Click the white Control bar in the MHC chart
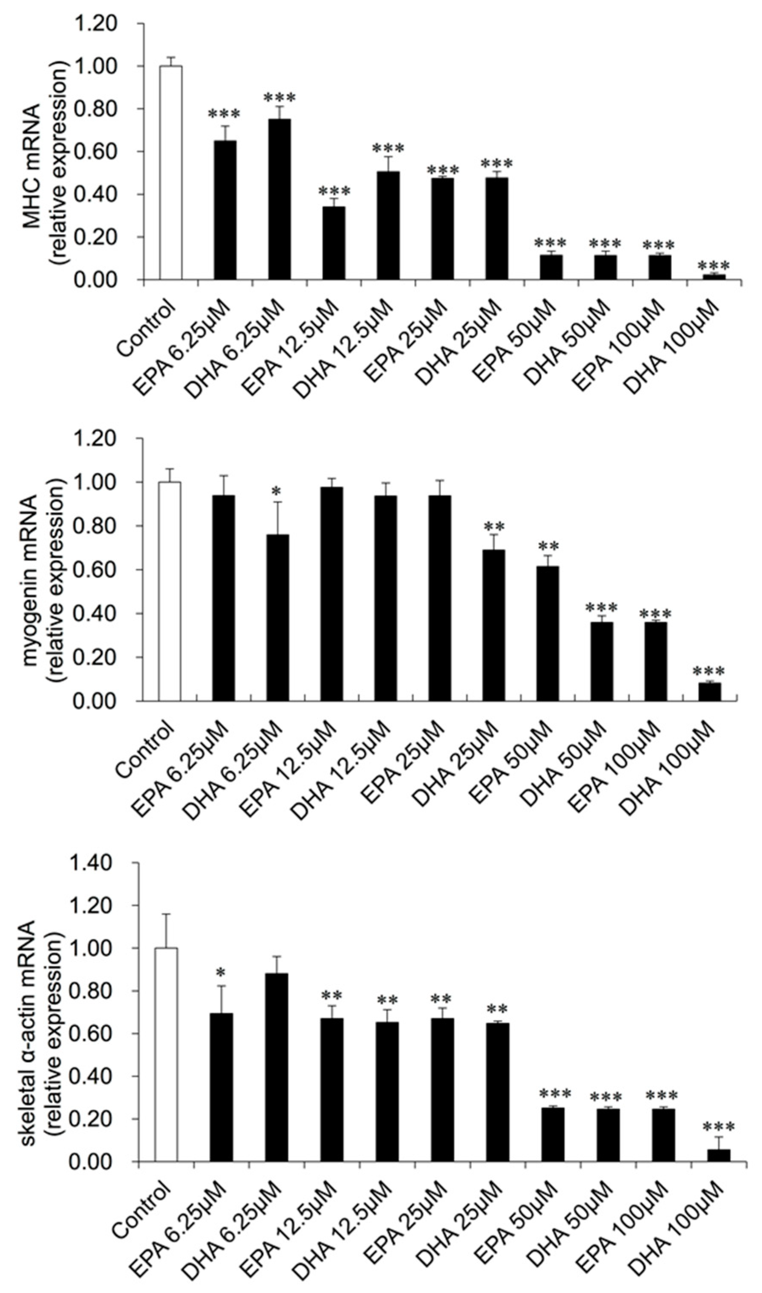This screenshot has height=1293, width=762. coord(171,173)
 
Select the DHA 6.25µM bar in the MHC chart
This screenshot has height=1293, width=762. coord(279,199)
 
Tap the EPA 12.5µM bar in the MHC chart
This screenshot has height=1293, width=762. coord(334,243)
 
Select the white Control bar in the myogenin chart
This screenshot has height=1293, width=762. coord(169,591)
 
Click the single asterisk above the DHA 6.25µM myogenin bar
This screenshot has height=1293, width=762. coord(277,493)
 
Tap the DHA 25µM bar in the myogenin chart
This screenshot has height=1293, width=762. coord(494,625)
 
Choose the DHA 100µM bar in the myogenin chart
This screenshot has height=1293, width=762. coord(709,692)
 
